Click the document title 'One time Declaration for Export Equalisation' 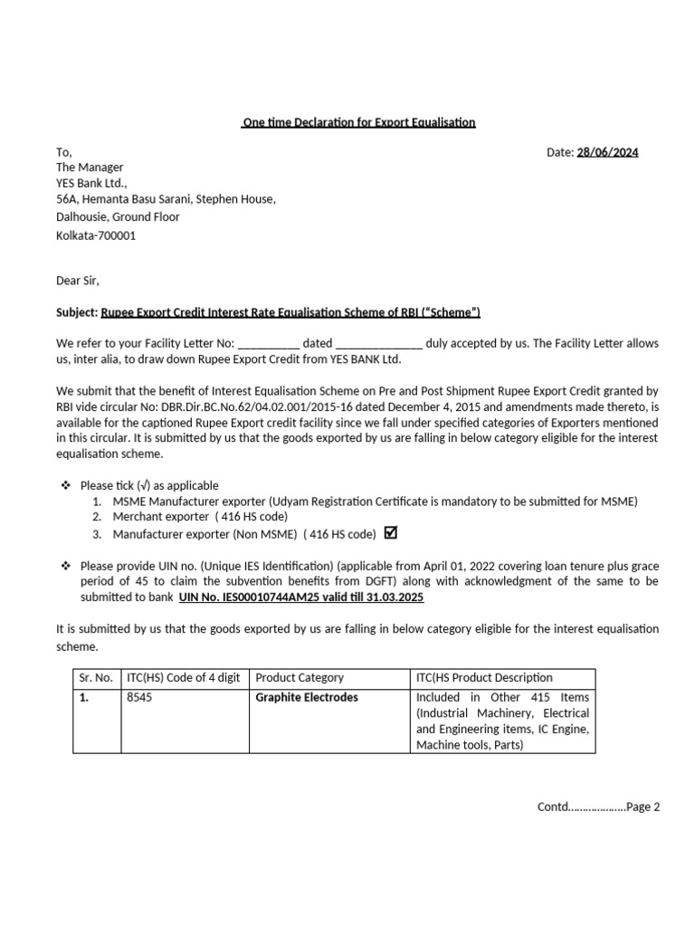[358, 122]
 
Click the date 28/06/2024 [607, 152]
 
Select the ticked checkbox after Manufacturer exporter [391, 532]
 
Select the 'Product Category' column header [300, 677]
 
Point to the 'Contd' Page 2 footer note [599, 807]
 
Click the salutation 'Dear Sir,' [79, 281]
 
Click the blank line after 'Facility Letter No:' [269, 344]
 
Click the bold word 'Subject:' [77, 312]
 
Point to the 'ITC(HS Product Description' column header [483, 677]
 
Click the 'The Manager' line [90, 167]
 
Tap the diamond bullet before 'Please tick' [65, 486]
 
